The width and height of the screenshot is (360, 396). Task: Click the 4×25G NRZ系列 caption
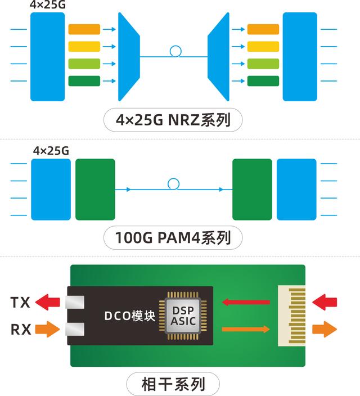pyautogui.click(x=173, y=120)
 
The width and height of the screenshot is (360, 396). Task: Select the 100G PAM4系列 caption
pyautogui.click(x=173, y=238)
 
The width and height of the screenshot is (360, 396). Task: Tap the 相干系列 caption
pyautogui.click(x=173, y=385)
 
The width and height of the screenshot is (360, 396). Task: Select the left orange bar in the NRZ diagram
pyautogui.click(x=84, y=29)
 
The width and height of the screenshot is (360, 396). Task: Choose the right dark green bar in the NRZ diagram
pyautogui.click(x=263, y=80)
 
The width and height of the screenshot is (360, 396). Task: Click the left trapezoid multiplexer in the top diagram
pyautogui.click(x=129, y=56)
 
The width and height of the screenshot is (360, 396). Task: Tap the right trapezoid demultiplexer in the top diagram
pyautogui.click(x=219, y=56)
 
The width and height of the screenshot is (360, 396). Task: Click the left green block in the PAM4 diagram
pyautogui.click(x=95, y=189)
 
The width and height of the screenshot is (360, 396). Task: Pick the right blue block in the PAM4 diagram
pyautogui.click(x=296, y=189)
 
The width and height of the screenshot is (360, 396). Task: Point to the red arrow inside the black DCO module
pyautogui.click(x=246, y=303)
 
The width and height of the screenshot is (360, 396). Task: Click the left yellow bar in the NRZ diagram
pyautogui.click(x=84, y=46)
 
